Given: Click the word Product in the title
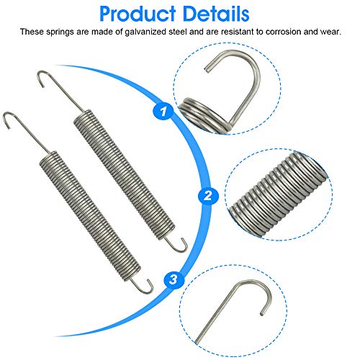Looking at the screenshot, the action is [138, 14].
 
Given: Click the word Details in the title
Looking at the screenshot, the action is [216, 14].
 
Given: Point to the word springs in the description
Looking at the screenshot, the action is [60, 32].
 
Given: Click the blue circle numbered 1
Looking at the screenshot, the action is [163, 111].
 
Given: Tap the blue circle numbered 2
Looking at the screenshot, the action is [208, 196].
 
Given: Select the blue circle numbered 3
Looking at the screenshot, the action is [174, 279].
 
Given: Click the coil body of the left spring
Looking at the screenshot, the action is [89, 216].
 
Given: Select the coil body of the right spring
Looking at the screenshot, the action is [124, 174].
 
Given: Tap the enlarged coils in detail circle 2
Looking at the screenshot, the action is [279, 194].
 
